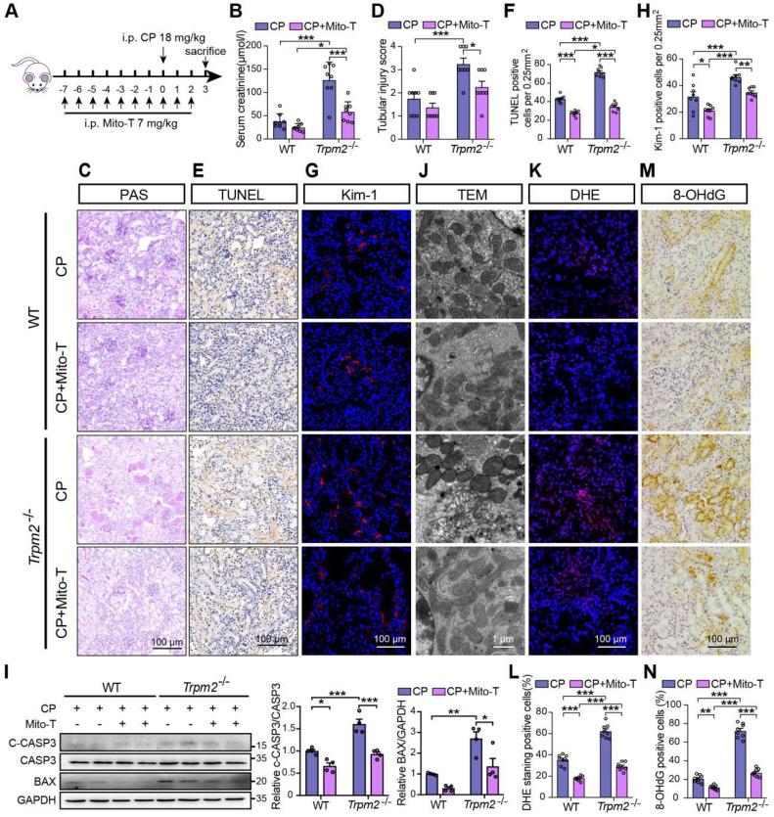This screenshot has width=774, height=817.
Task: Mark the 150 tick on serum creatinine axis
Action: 250,46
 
